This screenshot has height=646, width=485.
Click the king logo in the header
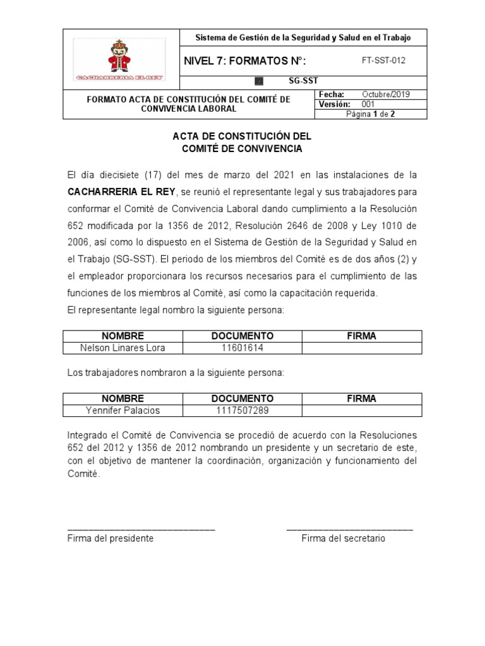point(119,59)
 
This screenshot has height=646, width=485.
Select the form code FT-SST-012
point(383,61)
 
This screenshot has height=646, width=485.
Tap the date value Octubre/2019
point(385,94)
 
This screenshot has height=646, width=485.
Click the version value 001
point(368,104)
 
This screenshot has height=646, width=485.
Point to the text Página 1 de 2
point(371,114)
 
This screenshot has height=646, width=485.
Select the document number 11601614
point(242,348)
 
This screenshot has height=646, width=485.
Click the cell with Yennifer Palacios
point(123,411)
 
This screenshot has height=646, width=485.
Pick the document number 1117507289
point(242,411)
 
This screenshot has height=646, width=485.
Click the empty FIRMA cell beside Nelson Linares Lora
point(361,348)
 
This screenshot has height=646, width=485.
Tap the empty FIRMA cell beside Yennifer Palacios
point(361,411)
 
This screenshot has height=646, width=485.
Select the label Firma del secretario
point(343,539)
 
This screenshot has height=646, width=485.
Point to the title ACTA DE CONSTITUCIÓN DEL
point(242,136)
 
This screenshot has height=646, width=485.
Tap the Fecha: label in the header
point(331,94)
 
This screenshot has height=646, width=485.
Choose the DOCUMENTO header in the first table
point(242,336)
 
